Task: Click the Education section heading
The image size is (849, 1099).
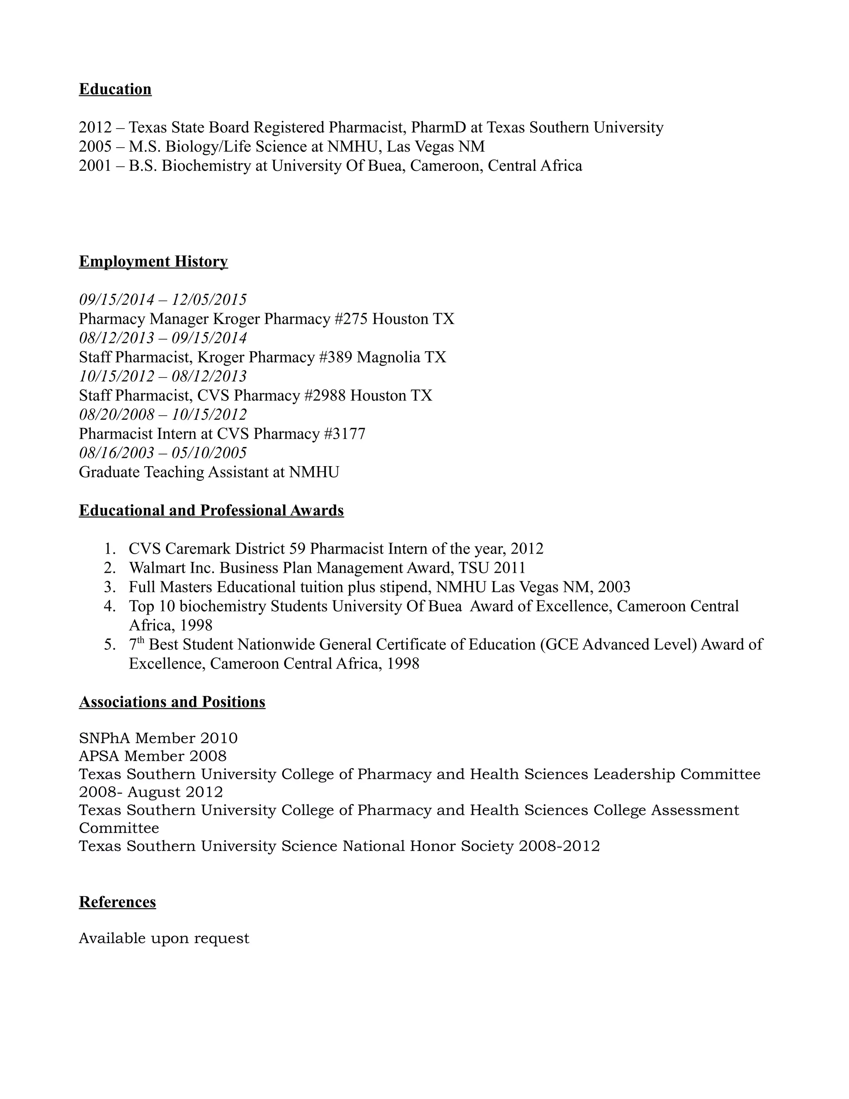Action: click(115, 89)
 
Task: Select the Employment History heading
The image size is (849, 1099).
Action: click(153, 262)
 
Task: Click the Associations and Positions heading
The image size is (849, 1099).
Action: click(172, 702)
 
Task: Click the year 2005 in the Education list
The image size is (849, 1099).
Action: click(95, 147)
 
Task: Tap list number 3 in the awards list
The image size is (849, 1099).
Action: click(109, 587)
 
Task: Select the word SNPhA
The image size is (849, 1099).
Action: click(104, 738)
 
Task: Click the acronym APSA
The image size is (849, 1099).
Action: click(99, 756)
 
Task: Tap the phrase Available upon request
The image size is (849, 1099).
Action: click(164, 939)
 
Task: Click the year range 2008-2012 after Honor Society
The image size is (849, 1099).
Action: click(559, 846)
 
